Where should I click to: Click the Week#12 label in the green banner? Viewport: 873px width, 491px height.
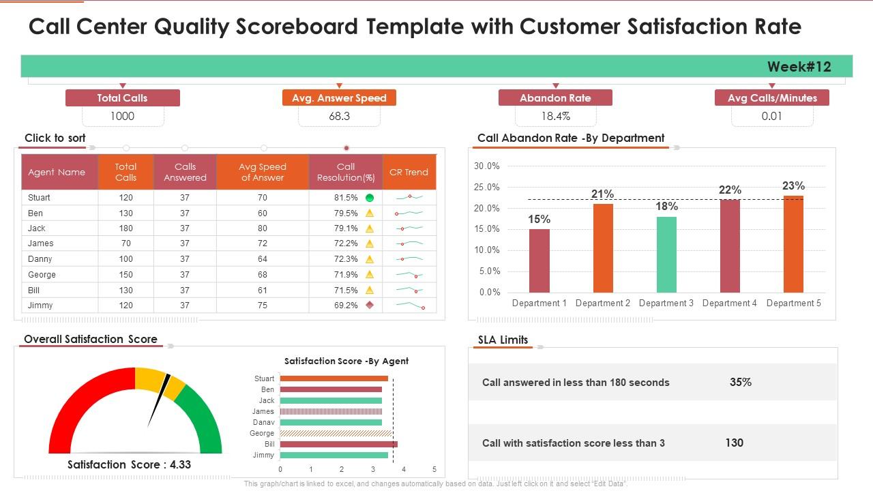pyautogui.click(x=799, y=66)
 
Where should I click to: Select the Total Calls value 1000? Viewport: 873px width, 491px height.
pyautogui.click(x=123, y=116)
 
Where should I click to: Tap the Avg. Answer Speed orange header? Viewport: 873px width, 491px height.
pyautogui.click(x=339, y=98)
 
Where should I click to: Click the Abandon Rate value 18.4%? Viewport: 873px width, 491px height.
pyautogui.click(x=555, y=116)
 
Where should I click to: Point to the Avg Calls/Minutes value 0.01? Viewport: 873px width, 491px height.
pyautogui.click(x=772, y=116)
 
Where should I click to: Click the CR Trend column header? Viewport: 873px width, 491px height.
pyautogui.click(x=409, y=172)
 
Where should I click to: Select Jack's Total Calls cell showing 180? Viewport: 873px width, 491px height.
pyautogui.click(x=125, y=228)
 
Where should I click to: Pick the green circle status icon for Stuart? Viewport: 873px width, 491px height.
pyautogui.click(x=370, y=198)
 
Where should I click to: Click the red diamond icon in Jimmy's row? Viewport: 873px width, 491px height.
pyautogui.click(x=370, y=305)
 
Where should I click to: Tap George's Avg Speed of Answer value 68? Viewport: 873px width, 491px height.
pyautogui.click(x=263, y=274)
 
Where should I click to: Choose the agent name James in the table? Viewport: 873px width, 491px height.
pyautogui.click(x=41, y=243)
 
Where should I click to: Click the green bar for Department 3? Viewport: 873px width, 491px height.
pyautogui.click(x=666, y=254)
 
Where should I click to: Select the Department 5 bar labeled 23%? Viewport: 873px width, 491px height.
pyautogui.click(x=793, y=243)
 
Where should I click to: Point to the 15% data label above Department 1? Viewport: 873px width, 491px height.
pyautogui.click(x=539, y=219)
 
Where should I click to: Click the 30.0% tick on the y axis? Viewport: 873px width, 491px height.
pyautogui.click(x=487, y=166)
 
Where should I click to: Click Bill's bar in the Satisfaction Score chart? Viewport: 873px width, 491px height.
pyautogui.click(x=338, y=444)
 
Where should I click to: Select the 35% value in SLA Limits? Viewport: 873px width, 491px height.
pyautogui.click(x=740, y=383)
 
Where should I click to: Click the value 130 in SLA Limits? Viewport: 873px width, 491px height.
pyautogui.click(x=734, y=443)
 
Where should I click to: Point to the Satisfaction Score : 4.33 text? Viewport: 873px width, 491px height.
pyautogui.click(x=129, y=464)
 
